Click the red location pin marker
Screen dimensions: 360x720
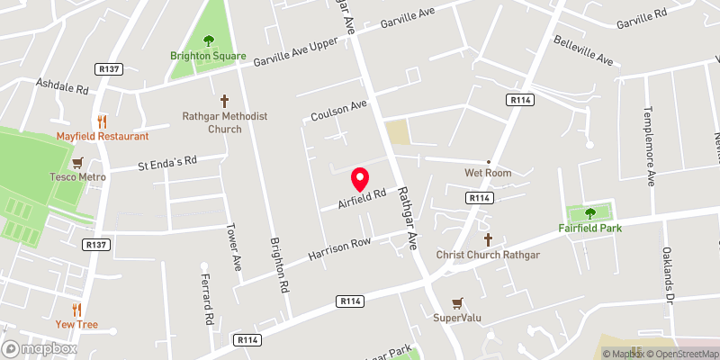[x=360, y=178]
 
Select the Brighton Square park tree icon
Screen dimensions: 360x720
[x=209, y=40]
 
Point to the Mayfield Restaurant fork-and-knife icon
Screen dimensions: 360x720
[x=102, y=121]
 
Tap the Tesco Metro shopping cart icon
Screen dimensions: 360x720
[x=77, y=162]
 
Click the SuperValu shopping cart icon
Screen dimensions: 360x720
[x=458, y=302]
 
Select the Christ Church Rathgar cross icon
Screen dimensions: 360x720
[x=489, y=240]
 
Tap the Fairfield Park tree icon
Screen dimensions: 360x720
[x=590, y=213]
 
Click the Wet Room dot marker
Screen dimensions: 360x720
[x=489, y=162]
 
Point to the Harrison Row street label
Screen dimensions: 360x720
[x=339, y=250]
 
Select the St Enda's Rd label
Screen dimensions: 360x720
[x=166, y=164]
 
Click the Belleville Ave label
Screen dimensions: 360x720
[x=583, y=51]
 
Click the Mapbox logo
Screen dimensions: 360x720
[x=38, y=348]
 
